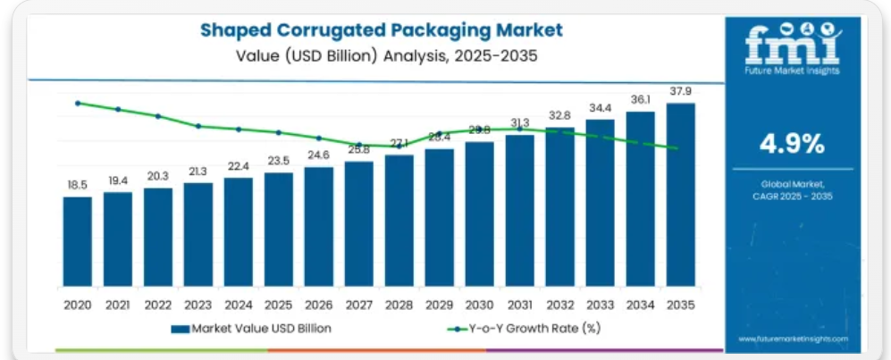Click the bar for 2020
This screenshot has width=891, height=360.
pos(78,241)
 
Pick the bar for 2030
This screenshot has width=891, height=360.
pos(479,214)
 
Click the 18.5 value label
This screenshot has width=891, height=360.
pos(78,185)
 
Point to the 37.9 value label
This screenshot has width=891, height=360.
pos(680,90)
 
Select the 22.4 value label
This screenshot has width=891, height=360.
pos(239,165)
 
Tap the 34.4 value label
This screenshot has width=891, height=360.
pos(600,107)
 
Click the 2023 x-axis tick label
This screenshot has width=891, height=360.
pos(198,305)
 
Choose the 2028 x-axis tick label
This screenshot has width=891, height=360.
pos(399,305)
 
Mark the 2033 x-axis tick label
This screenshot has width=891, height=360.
pos(600,305)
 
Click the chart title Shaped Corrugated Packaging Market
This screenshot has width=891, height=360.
pos(382,30)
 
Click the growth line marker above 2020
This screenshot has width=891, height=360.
pos(78,103)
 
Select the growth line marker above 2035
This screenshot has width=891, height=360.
pos(677,148)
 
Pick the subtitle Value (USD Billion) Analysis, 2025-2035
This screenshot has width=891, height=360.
pos(382,54)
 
